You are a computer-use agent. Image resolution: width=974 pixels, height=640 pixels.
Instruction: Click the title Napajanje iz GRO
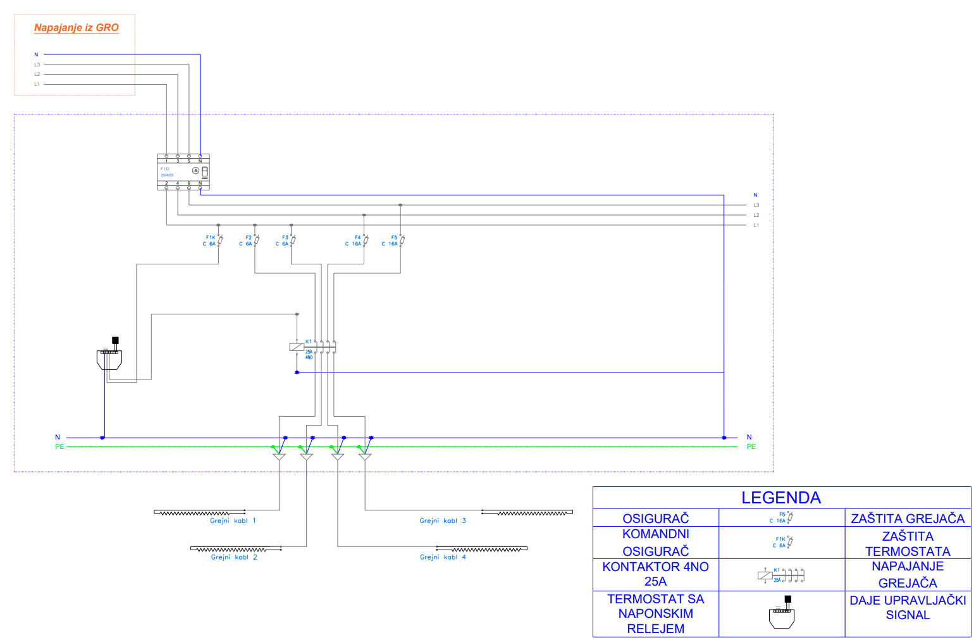pyautogui.click(x=76, y=28)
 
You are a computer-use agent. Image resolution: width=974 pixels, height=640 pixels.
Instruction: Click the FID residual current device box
pyautogui.click(x=183, y=172)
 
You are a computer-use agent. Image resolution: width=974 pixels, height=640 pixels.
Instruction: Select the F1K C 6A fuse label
pyautogui.click(x=209, y=241)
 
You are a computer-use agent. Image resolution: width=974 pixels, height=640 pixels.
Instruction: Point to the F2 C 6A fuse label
pyautogui.click(x=246, y=241)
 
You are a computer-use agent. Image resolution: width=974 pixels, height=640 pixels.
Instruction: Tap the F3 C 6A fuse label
pyautogui.click(x=282, y=241)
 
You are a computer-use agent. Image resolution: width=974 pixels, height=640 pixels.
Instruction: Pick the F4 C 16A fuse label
pyautogui.click(x=354, y=241)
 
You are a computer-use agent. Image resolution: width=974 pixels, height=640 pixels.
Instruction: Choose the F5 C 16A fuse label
pyautogui.click(x=390, y=241)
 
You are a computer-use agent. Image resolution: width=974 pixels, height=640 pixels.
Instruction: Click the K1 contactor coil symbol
pyautogui.click(x=296, y=347)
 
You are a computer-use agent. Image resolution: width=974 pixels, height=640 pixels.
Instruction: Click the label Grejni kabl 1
pyautogui.click(x=233, y=521)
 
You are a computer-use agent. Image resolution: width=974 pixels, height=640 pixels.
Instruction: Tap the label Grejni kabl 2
pyautogui.click(x=234, y=558)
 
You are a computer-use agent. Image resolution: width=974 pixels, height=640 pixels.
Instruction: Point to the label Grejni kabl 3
pyautogui.click(x=443, y=521)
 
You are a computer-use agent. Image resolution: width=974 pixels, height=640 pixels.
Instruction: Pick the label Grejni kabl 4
pyautogui.click(x=443, y=558)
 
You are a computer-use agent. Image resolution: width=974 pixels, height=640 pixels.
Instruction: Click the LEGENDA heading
pyautogui.click(x=781, y=498)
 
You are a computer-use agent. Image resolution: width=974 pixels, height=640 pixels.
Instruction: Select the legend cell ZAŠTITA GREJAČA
pyautogui.click(x=908, y=519)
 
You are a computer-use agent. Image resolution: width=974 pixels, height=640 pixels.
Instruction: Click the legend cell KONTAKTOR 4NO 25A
pyautogui.click(x=655, y=574)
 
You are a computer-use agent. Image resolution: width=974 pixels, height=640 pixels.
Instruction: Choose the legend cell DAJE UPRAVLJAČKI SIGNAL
pyautogui.click(x=908, y=608)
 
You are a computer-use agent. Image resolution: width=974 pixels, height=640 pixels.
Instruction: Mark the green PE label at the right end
pyautogui.click(x=751, y=447)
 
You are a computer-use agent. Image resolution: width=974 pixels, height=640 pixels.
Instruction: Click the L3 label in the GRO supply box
pyautogui.click(x=37, y=65)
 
